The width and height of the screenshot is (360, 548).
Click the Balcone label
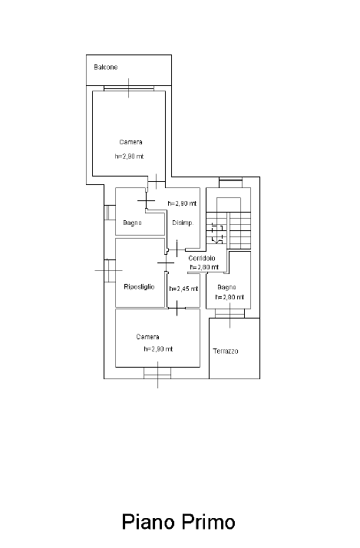tap(106, 67)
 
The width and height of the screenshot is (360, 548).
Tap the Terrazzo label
tap(226, 351)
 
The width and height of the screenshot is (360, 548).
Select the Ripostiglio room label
tap(139, 287)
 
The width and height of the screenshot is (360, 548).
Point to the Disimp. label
tap(183, 223)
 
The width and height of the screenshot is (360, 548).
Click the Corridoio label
tap(202, 259)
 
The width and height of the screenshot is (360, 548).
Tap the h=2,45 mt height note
tap(183, 289)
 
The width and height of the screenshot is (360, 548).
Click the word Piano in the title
tap(148, 522)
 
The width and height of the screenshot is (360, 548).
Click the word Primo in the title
tap(208, 522)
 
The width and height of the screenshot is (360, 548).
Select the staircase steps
tap(228, 230)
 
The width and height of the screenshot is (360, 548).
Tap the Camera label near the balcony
tap(130, 142)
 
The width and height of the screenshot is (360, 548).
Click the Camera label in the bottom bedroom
tap(147, 337)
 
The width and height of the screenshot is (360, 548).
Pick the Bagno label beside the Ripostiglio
tap(132, 223)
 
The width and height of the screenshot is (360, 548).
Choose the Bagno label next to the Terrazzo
tap(226, 287)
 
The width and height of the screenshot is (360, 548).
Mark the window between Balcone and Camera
tap(129, 88)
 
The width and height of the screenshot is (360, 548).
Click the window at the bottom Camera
tap(157, 373)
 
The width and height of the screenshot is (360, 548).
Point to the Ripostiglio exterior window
tap(110, 270)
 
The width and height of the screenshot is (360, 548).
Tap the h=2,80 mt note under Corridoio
tap(204, 267)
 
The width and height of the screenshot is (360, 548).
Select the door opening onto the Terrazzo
tap(230, 313)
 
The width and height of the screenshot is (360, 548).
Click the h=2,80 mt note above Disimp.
tap(182, 203)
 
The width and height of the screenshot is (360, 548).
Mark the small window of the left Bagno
tap(110, 213)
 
